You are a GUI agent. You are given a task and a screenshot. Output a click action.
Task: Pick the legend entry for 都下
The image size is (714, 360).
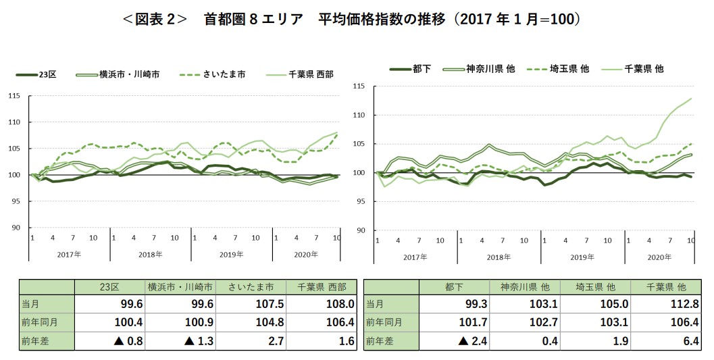(422, 69)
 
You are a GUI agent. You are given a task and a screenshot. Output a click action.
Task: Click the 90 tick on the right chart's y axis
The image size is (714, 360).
(360, 230)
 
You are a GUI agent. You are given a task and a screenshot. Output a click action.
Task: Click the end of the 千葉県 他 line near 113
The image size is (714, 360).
(692, 99)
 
